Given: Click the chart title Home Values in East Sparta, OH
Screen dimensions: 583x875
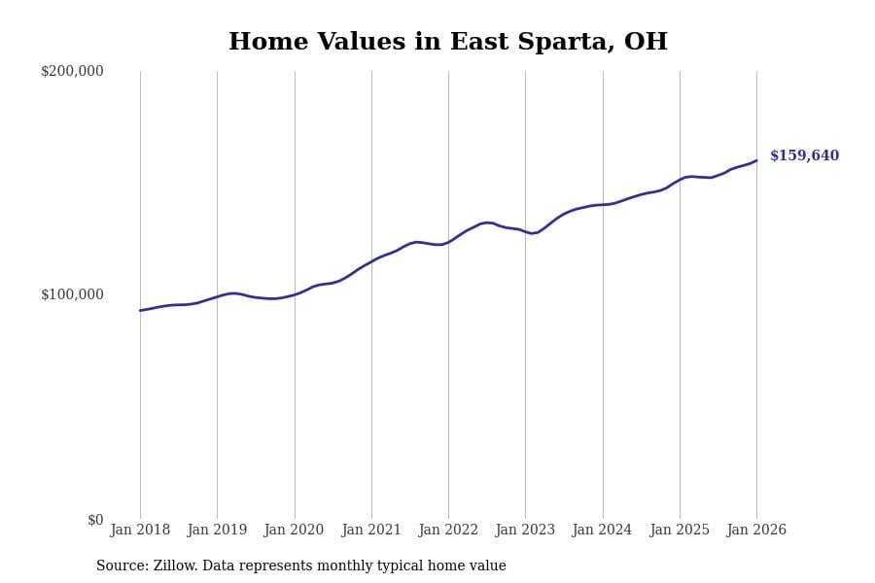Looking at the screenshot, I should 447,43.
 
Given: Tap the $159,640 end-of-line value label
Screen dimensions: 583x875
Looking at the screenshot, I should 804,155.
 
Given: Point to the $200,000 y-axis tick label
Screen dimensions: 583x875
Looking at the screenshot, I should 72,71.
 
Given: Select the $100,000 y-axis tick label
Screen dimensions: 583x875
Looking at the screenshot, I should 72,294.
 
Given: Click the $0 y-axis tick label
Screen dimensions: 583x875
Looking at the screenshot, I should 95,520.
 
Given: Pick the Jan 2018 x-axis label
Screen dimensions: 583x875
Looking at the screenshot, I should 140,531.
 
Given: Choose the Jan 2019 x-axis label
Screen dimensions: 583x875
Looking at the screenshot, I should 217,531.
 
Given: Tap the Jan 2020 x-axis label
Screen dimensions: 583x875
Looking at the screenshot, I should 294,531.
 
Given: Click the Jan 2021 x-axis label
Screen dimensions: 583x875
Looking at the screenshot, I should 371,531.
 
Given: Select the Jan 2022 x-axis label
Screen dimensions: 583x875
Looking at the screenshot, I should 448,531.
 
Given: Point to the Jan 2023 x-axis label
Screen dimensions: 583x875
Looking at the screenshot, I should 525,531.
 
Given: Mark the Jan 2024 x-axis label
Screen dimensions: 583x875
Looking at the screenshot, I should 602,531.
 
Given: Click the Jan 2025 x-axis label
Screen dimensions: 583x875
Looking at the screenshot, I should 680,531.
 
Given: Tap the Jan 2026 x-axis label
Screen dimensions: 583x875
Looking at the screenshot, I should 756,531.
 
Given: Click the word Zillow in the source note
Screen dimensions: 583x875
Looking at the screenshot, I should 175,566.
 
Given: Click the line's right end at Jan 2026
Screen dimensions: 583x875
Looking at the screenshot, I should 756,160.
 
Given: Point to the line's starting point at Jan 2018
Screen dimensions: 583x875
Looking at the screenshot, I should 140,311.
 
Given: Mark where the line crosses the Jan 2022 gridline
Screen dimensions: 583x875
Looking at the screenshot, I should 448,242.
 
